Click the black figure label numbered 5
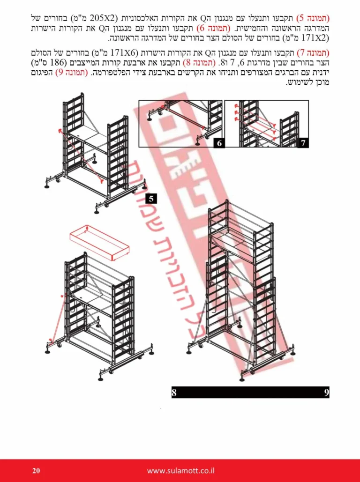[x=151, y=199]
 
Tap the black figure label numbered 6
[x=219, y=143]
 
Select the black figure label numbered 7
[x=303, y=143]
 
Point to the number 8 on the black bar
[x=174, y=393]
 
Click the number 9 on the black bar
[x=326, y=393]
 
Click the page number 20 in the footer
[x=36, y=471]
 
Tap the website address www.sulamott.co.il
[x=180, y=471]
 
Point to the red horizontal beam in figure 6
[x=183, y=117]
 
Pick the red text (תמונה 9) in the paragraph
[x=71, y=74]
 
